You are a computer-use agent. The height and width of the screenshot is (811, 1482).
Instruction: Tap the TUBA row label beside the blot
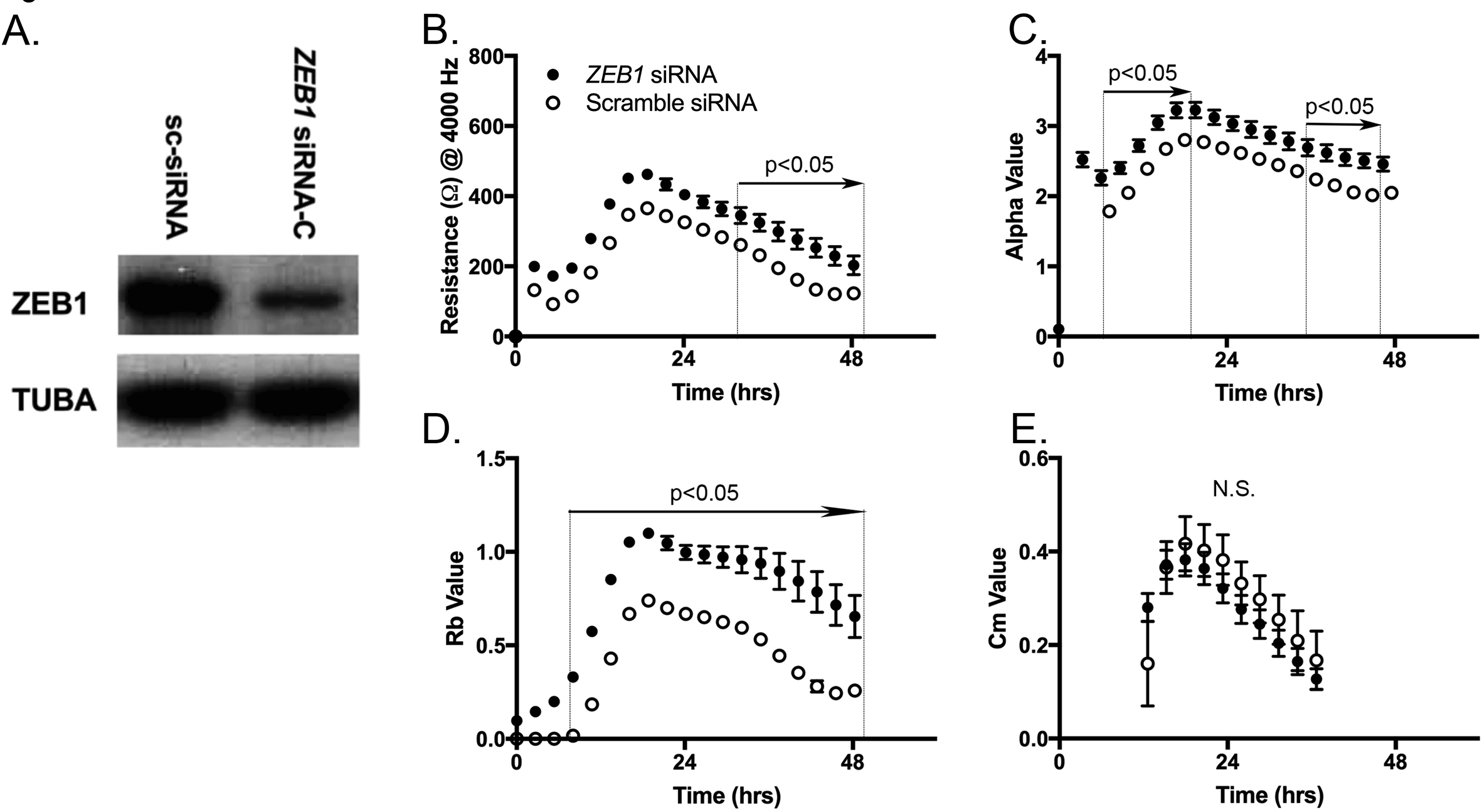click(54, 400)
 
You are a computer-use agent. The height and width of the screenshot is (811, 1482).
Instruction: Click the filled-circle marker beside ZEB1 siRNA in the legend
click(553, 75)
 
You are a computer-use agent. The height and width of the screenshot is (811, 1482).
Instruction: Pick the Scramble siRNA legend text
click(671, 103)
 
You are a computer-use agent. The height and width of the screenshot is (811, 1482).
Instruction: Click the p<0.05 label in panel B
click(798, 165)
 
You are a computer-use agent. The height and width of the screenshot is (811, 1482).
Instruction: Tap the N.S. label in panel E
click(1234, 489)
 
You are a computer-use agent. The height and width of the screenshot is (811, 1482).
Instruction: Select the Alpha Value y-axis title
click(1014, 196)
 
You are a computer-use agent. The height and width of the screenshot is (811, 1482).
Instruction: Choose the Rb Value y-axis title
click(454, 599)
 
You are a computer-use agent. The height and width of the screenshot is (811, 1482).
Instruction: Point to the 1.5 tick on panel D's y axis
click(491, 459)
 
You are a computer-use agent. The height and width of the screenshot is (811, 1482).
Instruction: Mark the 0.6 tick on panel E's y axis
click(1034, 459)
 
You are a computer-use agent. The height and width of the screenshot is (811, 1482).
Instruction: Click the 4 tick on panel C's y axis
click(1042, 56)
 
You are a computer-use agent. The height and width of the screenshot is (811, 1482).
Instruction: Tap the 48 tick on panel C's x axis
click(1394, 360)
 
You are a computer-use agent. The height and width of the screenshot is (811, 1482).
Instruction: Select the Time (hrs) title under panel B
click(726, 392)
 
